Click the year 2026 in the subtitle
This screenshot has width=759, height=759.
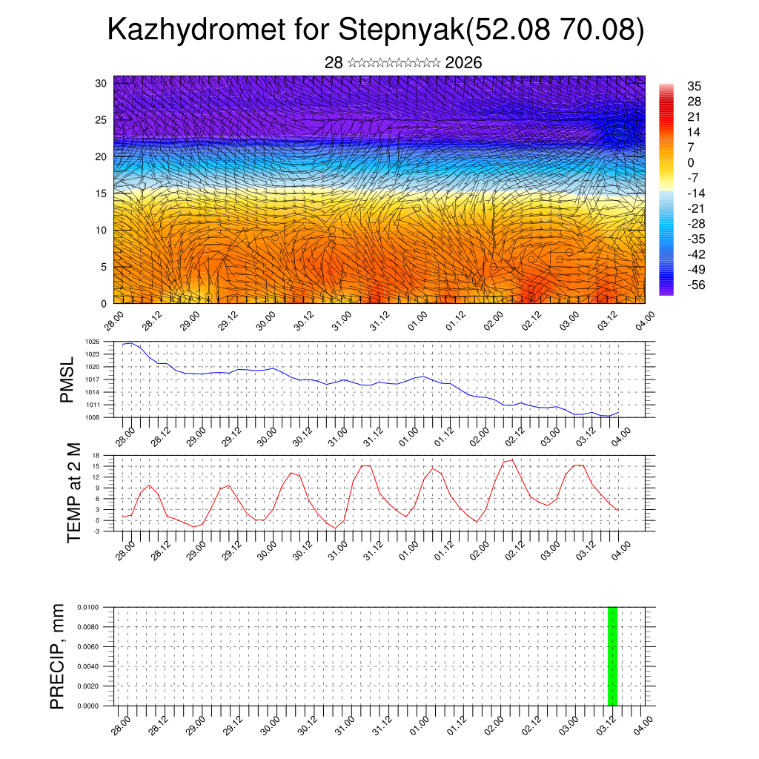(x=463, y=63)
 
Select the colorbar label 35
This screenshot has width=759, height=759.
(x=695, y=87)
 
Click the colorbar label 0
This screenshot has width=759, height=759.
(x=691, y=163)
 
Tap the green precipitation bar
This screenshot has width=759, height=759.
(x=612, y=656)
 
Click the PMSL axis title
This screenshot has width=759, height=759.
(x=67, y=379)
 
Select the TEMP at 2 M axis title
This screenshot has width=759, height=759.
(x=74, y=492)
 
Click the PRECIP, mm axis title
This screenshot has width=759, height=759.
(x=58, y=656)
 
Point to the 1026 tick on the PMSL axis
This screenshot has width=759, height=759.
(x=92, y=342)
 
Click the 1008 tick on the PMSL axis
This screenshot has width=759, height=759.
(x=92, y=417)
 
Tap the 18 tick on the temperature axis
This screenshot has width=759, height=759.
(x=96, y=455)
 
